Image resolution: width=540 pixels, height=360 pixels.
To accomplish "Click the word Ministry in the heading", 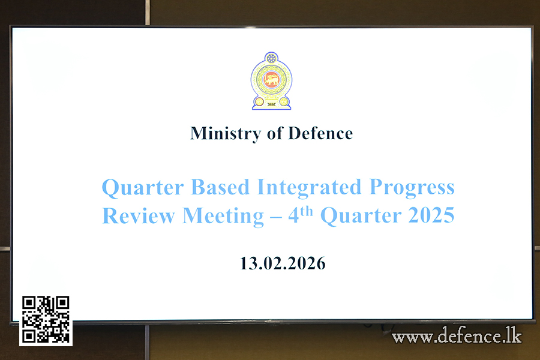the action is [226, 134].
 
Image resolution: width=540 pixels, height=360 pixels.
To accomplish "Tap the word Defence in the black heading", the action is [320, 133].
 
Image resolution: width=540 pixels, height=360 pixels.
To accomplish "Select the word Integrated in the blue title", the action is [309, 188].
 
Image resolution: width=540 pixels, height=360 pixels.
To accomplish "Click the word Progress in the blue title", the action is [412, 188].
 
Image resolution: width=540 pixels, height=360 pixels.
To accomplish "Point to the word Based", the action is [220, 187].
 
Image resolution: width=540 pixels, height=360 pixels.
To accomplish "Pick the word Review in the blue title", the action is [139, 216].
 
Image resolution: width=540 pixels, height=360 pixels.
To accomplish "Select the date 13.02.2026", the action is [283, 263].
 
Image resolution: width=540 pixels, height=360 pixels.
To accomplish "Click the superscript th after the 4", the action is [306, 211].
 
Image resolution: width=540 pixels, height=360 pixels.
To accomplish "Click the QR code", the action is [46, 319].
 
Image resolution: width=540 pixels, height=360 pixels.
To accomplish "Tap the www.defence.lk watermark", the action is [457, 335].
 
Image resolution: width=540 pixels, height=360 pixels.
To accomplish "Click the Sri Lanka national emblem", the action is [271, 81].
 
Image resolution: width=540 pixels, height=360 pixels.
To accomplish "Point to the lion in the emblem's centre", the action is [271, 80].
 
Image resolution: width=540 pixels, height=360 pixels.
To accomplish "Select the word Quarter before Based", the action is [143, 188].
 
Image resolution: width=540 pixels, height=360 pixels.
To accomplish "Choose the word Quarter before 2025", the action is [361, 216].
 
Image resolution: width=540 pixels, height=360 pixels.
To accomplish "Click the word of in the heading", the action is [275, 133].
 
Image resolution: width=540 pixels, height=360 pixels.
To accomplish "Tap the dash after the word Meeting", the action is [276, 218].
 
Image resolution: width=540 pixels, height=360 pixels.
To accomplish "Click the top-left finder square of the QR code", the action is [29, 302].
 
